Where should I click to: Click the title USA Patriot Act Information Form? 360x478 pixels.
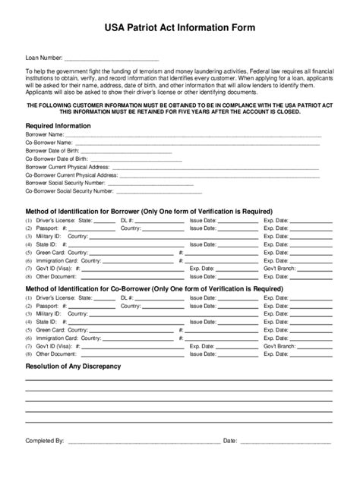(x=180, y=27)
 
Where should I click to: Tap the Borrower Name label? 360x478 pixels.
(x=45, y=134)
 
